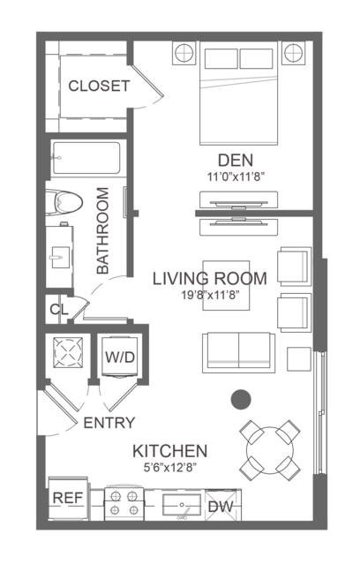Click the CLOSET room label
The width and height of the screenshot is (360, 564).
[99, 86]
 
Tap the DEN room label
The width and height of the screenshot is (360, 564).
[236, 161]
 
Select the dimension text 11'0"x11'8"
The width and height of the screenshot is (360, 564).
[236, 177]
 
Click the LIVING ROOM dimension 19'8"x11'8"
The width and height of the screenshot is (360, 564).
[210, 296]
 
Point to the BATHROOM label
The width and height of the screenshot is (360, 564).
[102, 230]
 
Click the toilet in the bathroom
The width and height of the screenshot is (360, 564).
[64, 202]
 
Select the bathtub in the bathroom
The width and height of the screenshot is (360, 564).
[86, 158]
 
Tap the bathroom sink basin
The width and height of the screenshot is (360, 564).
[60, 257]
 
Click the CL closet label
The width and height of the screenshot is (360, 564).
[58, 309]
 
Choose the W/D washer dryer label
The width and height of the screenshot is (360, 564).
[120, 357]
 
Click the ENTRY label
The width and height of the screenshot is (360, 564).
[109, 423]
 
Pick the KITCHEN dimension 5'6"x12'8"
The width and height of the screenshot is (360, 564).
[169, 468]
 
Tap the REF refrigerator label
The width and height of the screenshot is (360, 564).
[68, 498]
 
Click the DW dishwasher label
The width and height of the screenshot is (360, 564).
[221, 507]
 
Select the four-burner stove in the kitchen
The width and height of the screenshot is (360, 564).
[124, 504]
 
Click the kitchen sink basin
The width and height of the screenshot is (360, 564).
[182, 505]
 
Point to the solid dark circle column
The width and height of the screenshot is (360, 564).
[241, 400]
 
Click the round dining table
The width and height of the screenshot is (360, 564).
[270, 450]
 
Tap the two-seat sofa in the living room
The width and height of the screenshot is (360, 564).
[238, 352]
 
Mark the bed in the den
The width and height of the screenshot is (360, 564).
[239, 93]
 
